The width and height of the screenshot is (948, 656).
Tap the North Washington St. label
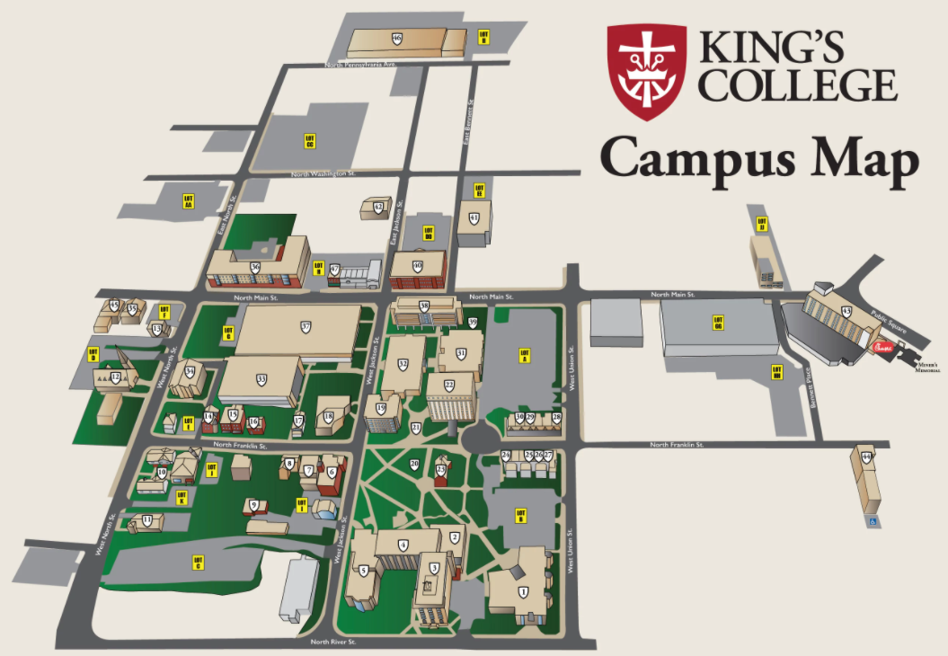click(323, 173)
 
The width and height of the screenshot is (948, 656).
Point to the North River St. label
click(333, 642)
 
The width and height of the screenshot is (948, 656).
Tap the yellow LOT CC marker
click(309, 141)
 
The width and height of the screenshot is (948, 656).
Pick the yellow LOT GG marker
click(718, 321)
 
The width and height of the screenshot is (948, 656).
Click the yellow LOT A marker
click(526, 355)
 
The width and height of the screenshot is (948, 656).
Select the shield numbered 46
click(396, 39)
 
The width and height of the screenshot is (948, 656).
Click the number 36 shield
click(255, 267)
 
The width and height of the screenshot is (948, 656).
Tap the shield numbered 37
click(306, 327)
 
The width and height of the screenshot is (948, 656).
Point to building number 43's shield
click(846, 311)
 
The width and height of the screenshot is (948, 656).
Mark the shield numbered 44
click(866, 457)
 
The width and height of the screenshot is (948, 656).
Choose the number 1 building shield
click(522, 590)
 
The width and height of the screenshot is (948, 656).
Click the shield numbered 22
click(448, 386)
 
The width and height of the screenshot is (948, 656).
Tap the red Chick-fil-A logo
click(882, 346)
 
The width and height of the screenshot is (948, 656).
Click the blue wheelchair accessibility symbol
click(871, 519)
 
